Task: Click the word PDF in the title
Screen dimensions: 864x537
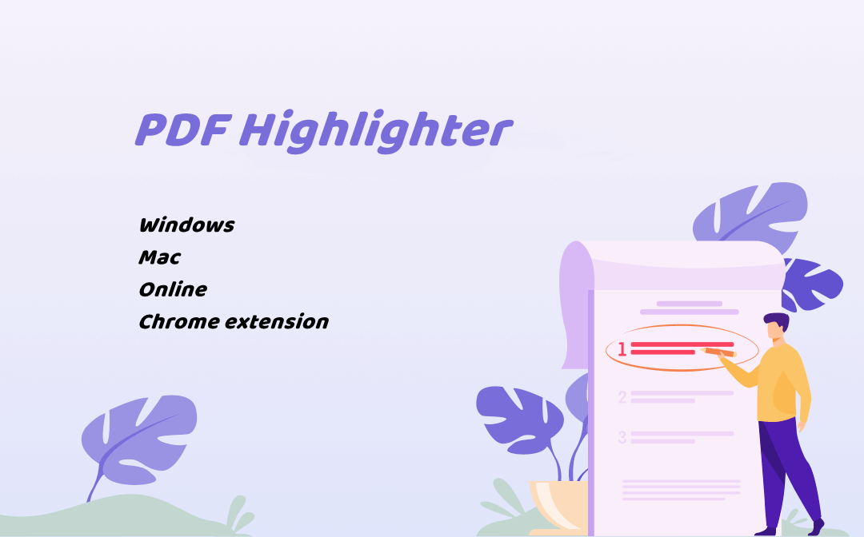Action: (x=182, y=129)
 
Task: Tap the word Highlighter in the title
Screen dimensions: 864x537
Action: (x=376, y=131)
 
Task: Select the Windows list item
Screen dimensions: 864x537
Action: (x=186, y=225)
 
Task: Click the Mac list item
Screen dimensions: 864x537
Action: (x=160, y=257)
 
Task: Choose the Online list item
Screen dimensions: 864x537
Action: (x=173, y=289)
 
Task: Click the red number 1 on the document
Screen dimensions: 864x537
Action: (x=622, y=349)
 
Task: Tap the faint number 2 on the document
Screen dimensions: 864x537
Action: (x=622, y=396)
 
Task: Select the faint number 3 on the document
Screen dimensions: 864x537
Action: (x=622, y=437)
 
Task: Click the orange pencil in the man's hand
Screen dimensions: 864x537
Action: (x=719, y=352)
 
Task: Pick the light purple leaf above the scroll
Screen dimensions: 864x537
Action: (x=750, y=212)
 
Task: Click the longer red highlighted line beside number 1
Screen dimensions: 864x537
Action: (x=682, y=344)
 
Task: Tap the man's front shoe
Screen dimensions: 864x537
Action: (x=766, y=531)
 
